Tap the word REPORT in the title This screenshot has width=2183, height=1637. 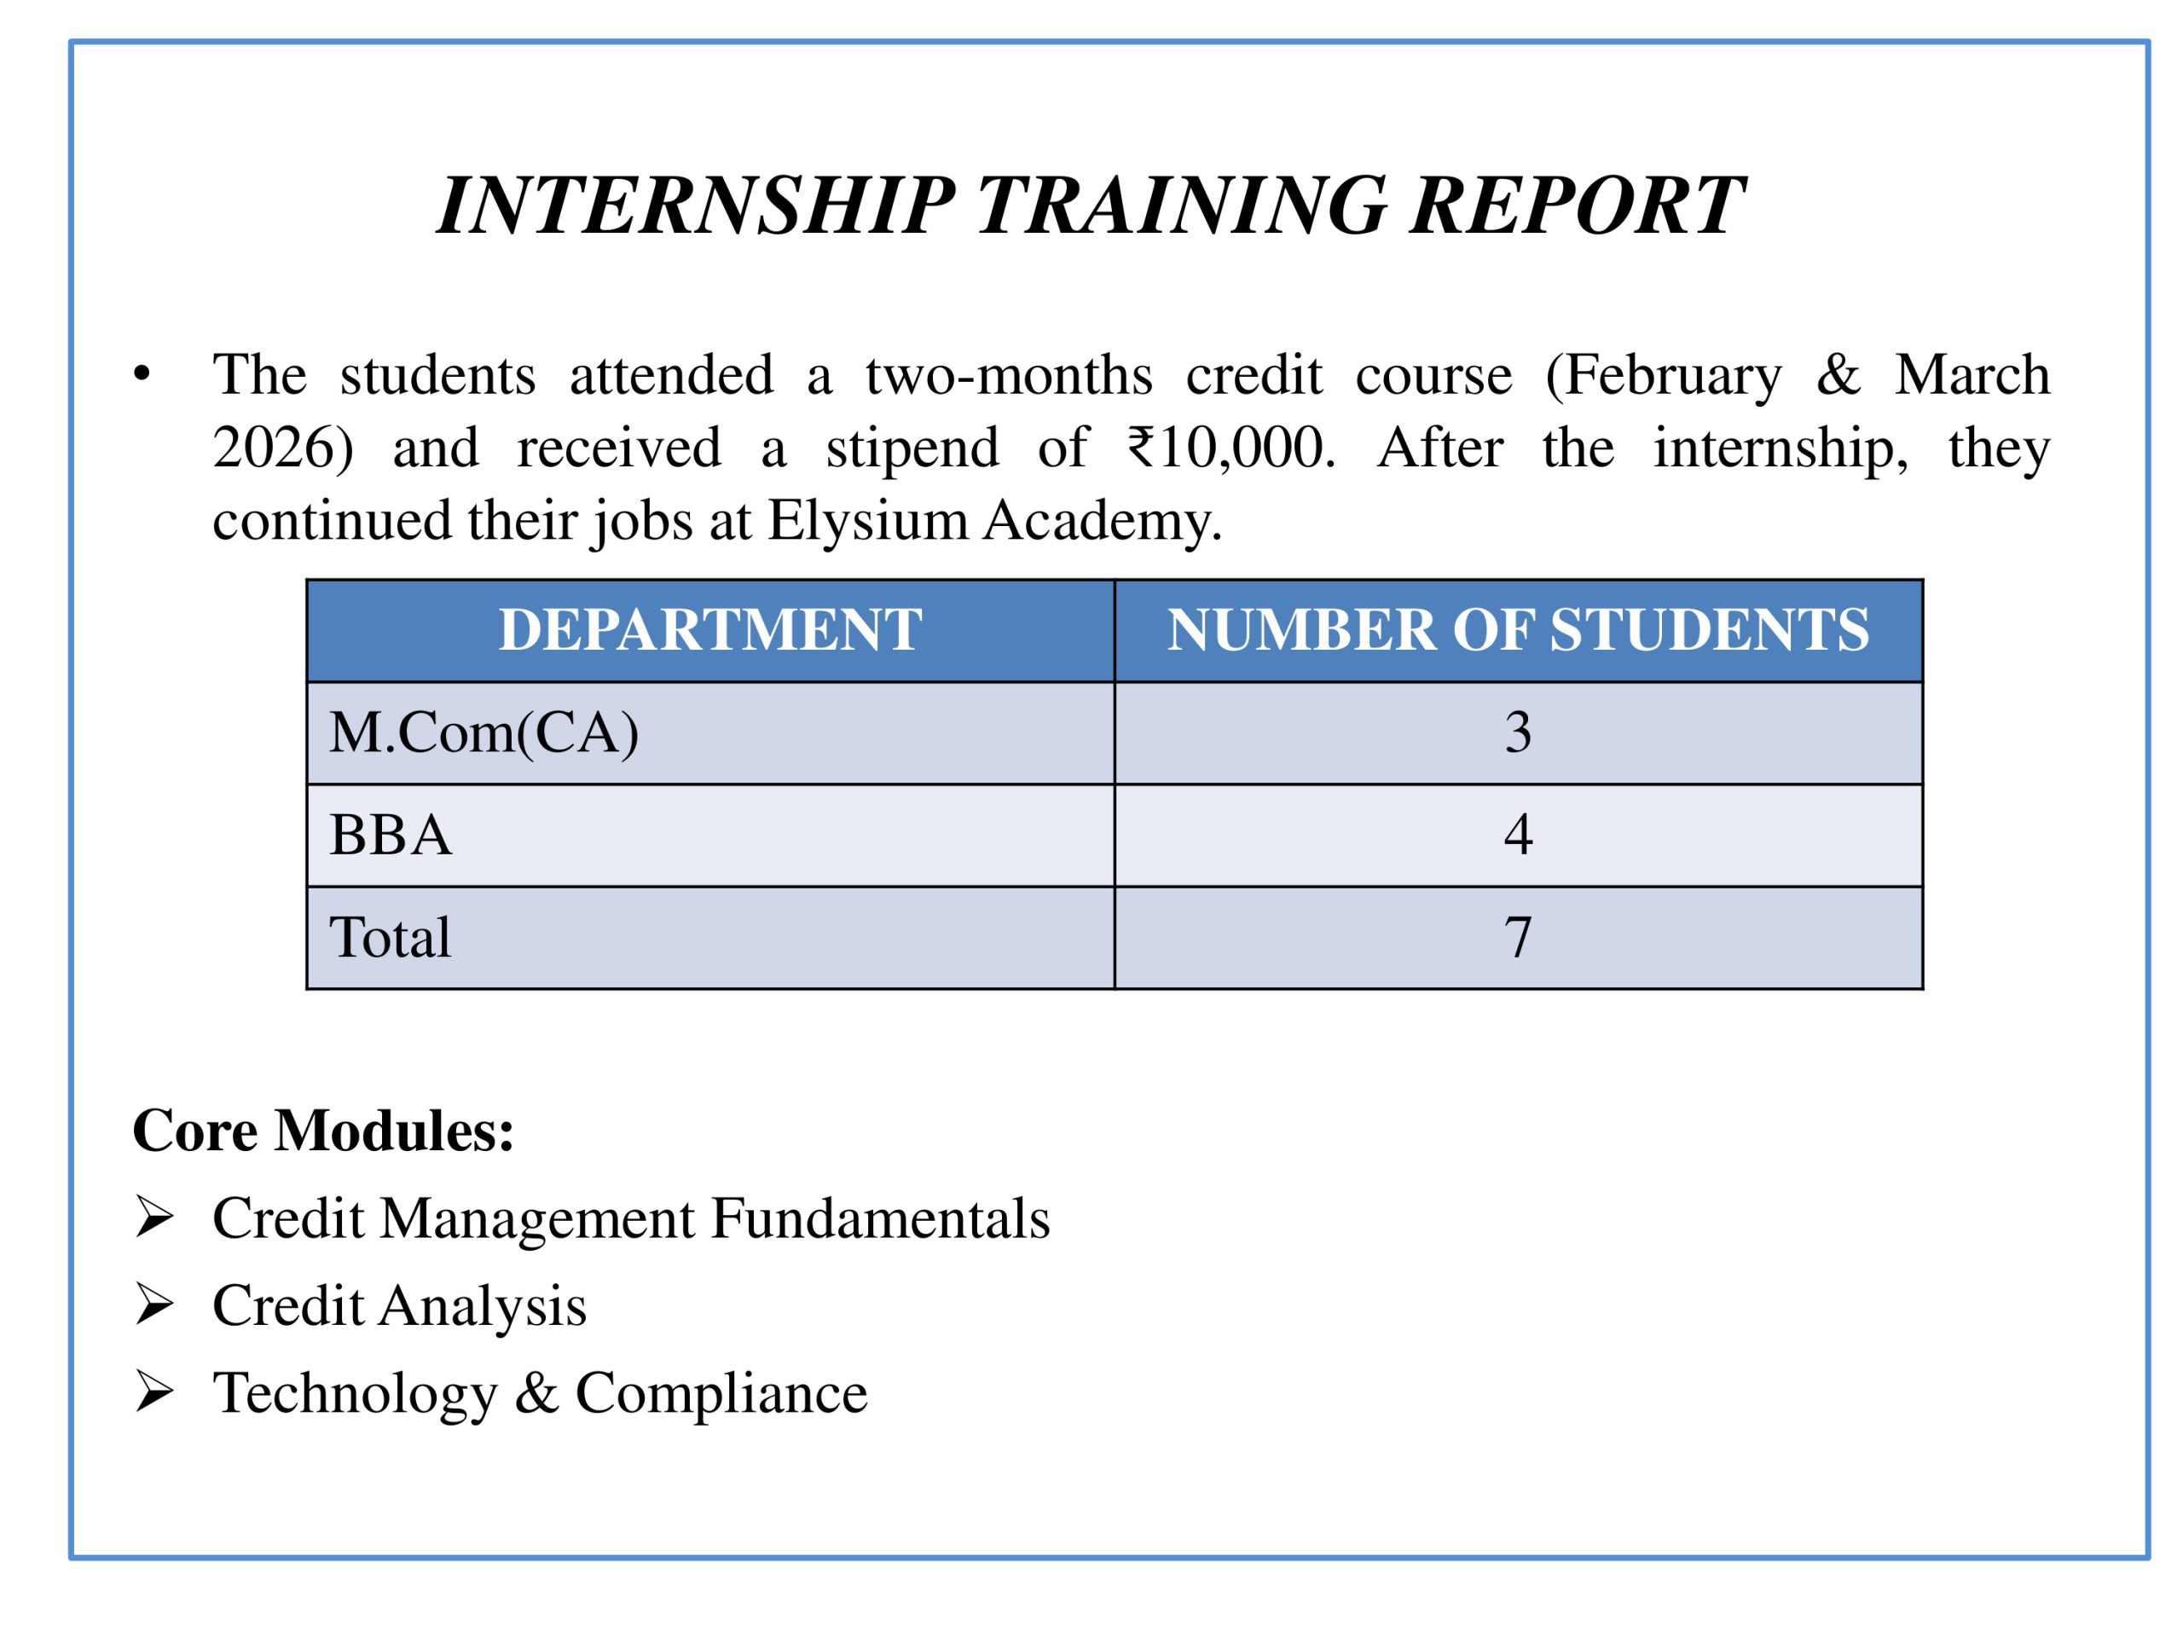(x=1576, y=205)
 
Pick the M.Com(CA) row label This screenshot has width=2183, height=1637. (x=484, y=733)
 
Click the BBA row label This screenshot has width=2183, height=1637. (x=390, y=835)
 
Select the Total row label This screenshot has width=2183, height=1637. (x=390, y=936)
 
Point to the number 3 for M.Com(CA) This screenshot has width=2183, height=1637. (x=1518, y=732)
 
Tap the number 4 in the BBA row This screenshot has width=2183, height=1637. (x=1518, y=835)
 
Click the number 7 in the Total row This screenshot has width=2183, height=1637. (x=1518, y=936)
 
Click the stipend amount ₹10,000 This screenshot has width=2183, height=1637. (x=1230, y=448)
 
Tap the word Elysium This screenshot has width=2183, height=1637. (x=867, y=520)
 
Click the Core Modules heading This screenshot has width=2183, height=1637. (x=322, y=1131)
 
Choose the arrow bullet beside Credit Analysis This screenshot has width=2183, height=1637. (x=155, y=1305)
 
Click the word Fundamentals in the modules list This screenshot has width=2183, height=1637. (x=879, y=1218)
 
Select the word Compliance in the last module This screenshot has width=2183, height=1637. (x=721, y=1393)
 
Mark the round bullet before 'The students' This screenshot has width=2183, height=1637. (x=142, y=375)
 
